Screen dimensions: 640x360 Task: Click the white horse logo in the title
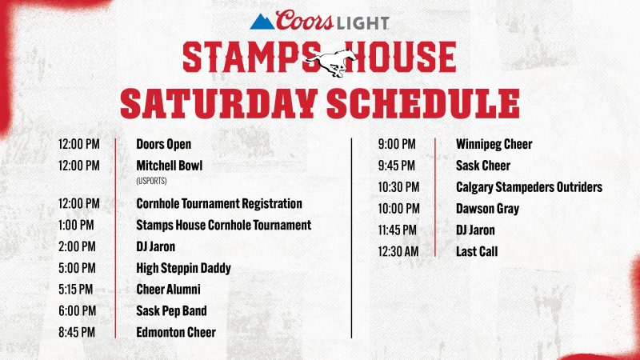click(x=330, y=62)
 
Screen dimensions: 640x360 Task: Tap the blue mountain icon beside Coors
click(x=262, y=22)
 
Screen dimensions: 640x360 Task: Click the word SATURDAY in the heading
click(x=218, y=103)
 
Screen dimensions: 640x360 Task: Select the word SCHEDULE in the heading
click(x=423, y=103)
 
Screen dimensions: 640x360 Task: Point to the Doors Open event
click(x=164, y=144)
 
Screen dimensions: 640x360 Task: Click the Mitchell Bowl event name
click(x=170, y=166)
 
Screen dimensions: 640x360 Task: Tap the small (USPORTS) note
click(x=151, y=181)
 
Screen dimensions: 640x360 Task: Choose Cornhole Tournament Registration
click(x=219, y=203)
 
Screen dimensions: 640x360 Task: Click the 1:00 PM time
click(x=76, y=225)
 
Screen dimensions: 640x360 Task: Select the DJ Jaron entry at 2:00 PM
click(x=155, y=246)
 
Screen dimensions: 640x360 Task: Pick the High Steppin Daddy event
click(x=184, y=268)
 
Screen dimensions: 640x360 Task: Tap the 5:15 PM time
click(x=75, y=290)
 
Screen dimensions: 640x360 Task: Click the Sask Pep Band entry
click(x=171, y=311)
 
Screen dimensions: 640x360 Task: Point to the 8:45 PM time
click(x=77, y=332)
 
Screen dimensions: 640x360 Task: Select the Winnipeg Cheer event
click(x=494, y=144)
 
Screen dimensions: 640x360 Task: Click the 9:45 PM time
click(x=396, y=166)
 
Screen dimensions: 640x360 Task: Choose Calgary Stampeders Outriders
click(x=529, y=187)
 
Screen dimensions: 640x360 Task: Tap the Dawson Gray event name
click(x=487, y=209)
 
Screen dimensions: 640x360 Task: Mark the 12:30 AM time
click(x=398, y=251)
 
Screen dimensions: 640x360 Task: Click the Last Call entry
click(x=477, y=251)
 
